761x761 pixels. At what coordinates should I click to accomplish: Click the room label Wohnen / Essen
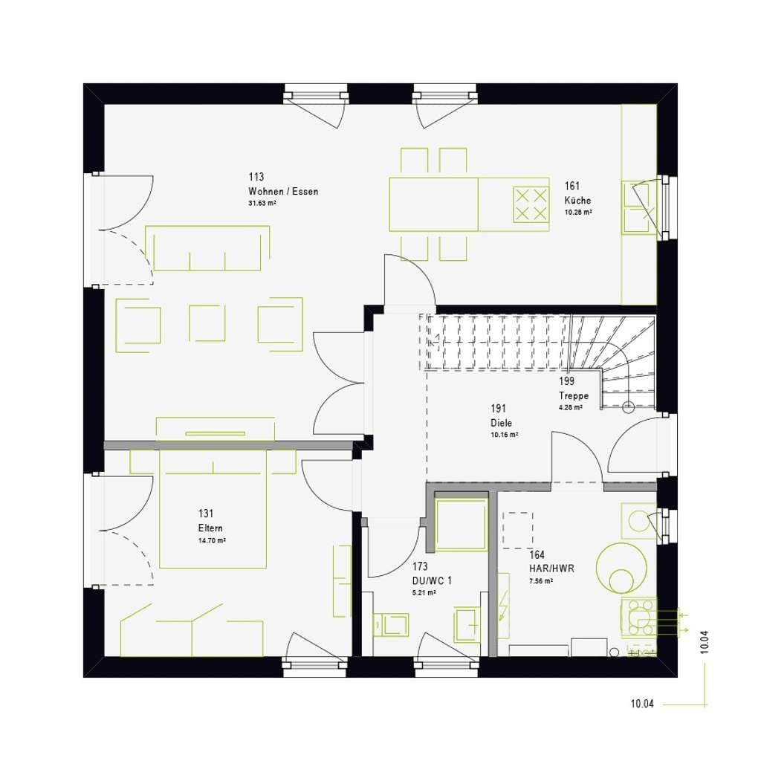(283, 191)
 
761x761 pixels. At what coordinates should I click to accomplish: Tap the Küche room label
(577, 200)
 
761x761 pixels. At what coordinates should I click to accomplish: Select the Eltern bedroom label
(210, 528)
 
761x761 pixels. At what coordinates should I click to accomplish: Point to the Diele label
(502, 423)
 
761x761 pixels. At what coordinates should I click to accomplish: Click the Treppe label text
(574, 396)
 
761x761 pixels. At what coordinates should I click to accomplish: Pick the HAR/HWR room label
(551, 569)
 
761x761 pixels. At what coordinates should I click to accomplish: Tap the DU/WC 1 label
(432, 580)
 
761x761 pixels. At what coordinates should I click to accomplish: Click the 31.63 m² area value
(262, 204)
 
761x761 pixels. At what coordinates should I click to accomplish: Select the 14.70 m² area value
(212, 540)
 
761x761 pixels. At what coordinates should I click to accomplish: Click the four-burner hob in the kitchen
(531, 205)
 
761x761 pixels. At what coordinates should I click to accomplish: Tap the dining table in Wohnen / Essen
(433, 204)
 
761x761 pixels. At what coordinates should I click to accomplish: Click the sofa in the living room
(207, 248)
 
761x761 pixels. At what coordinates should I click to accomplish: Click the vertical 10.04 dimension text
(705, 641)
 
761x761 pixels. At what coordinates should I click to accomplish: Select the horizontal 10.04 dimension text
(642, 704)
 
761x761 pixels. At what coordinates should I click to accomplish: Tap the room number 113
(256, 177)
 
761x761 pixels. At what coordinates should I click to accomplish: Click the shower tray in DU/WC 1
(461, 525)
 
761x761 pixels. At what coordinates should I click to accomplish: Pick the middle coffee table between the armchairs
(207, 323)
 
